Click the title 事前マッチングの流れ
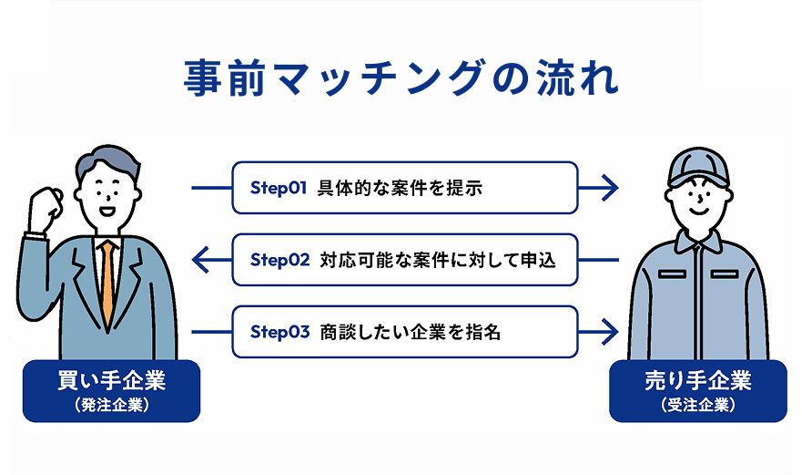click(x=401, y=77)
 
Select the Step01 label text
click(x=279, y=188)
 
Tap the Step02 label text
click(x=279, y=261)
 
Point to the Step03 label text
click(x=279, y=332)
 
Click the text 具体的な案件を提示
click(x=400, y=188)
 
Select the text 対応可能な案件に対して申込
click(x=438, y=261)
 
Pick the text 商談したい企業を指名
click(x=411, y=332)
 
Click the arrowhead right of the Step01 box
click(x=610, y=188)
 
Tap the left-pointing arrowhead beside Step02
click(x=200, y=260)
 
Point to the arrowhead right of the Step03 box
click(x=610, y=332)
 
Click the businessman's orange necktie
click(x=107, y=283)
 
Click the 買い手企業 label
click(x=111, y=381)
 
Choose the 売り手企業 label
click(x=698, y=381)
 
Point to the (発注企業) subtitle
click(x=111, y=406)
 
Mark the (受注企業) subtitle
click(x=698, y=406)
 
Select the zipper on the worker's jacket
click(x=699, y=303)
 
